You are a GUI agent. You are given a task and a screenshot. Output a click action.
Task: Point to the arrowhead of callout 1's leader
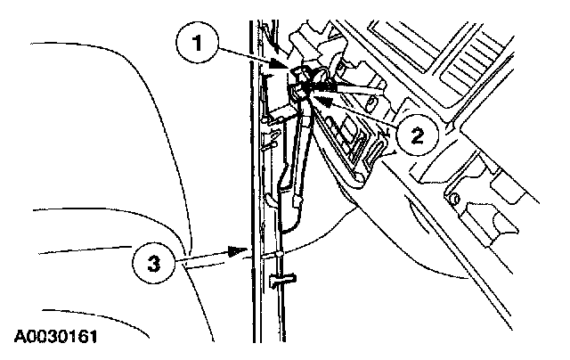[287, 68]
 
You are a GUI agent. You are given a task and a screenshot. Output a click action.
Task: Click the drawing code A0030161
[55, 338]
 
